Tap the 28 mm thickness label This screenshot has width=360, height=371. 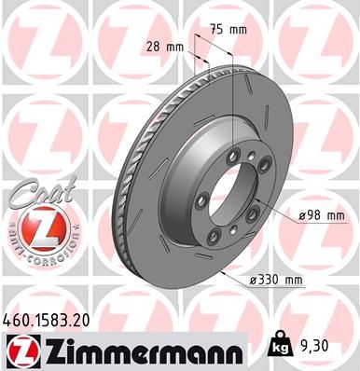(162, 45)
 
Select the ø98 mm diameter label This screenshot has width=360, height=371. (322, 216)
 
